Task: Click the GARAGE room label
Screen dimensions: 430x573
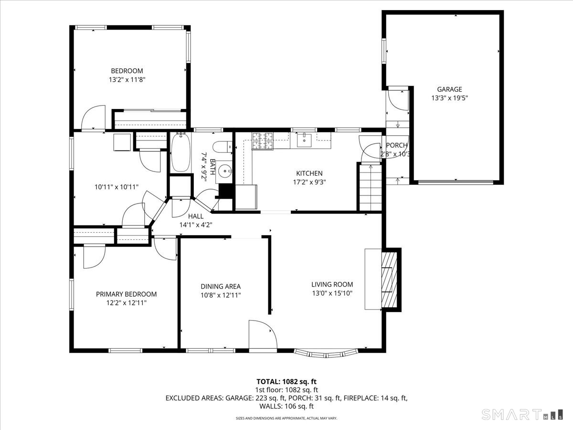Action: pyautogui.click(x=449, y=89)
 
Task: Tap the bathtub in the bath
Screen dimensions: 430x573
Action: pyautogui.click(x=180, y=153)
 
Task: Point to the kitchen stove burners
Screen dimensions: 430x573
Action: pyautogui.click(x=262, y=140)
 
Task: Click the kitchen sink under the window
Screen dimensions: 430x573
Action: pyautogui.click(x=304, y=140)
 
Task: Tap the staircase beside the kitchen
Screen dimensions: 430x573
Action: pyautogui.click(x=371, y=188)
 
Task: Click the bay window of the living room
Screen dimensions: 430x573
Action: pyautogui.click(x=326, y=354)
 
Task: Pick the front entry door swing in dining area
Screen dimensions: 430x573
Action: pyautogui.click(x=262, y=335)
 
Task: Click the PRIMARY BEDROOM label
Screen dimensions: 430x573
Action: pyautogui.click(x=126, y=294)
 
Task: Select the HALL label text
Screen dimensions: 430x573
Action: pyautogui.click(x=196, y=216)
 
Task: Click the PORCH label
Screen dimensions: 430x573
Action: pyautogui.click(x=397, y=146)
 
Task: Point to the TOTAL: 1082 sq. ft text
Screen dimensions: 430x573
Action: pyautogui.click(x=286, y=381)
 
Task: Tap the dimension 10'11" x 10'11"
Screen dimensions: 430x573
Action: pyautogui.click(x=117, y=187)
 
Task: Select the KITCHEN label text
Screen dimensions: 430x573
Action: pyautogui.click(x=309, y=173)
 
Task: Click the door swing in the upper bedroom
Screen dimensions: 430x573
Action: pyautogui.click(x=93, y=118)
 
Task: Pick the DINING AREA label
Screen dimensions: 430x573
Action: pyautogui.click(x=220, y=286)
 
